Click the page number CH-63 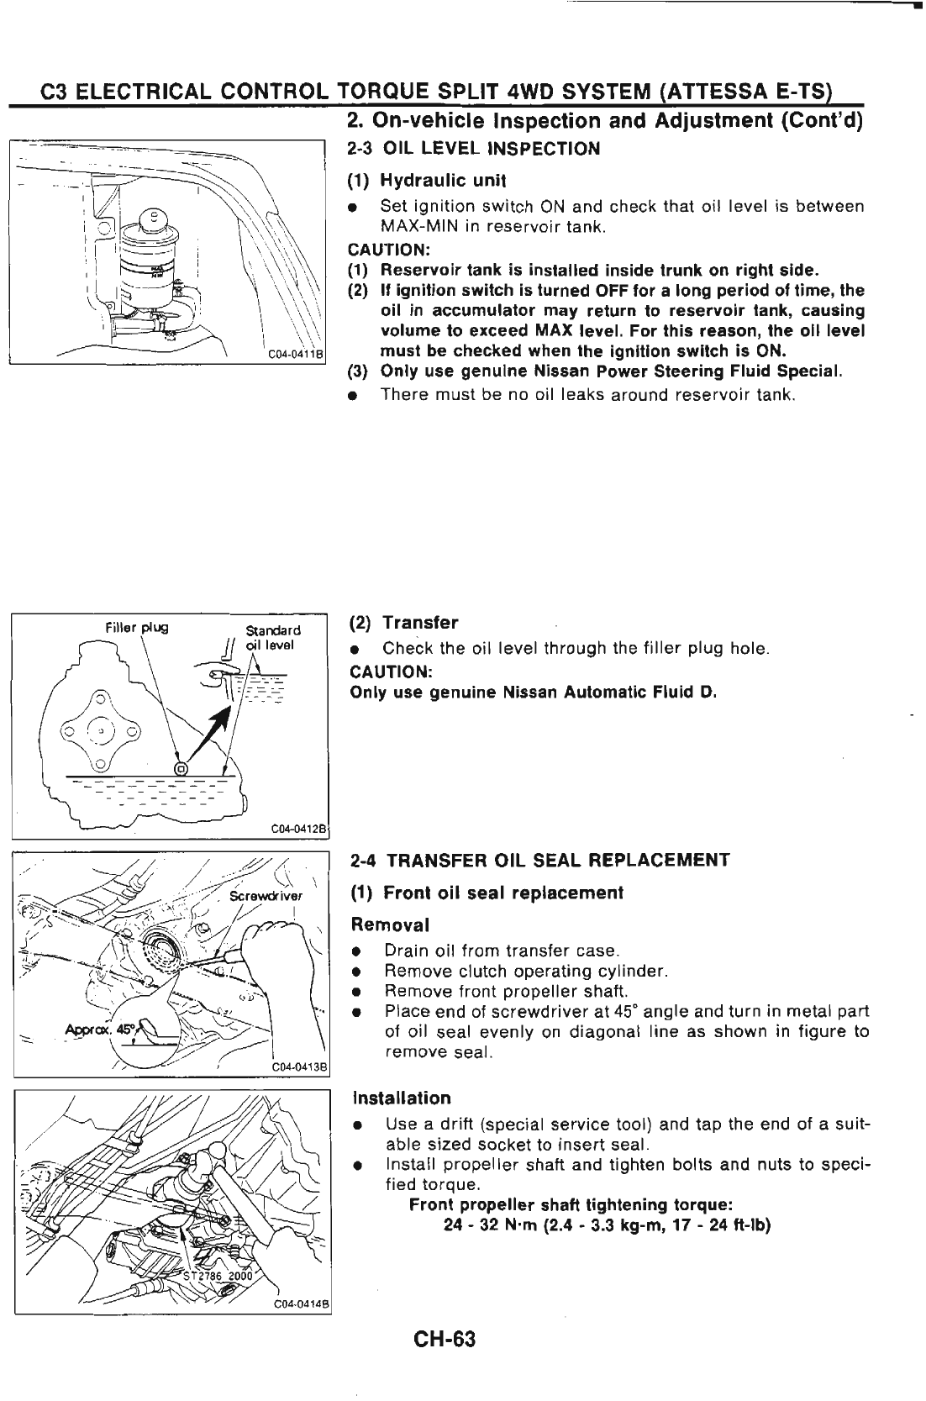point(445,1337)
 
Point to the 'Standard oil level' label point(271,638)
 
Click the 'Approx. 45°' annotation point(92,1030)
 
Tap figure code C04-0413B point(300,1069)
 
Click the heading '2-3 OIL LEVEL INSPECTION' point(474,150)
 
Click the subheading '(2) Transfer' point(403,623)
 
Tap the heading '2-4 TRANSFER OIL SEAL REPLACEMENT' point(539,861)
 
